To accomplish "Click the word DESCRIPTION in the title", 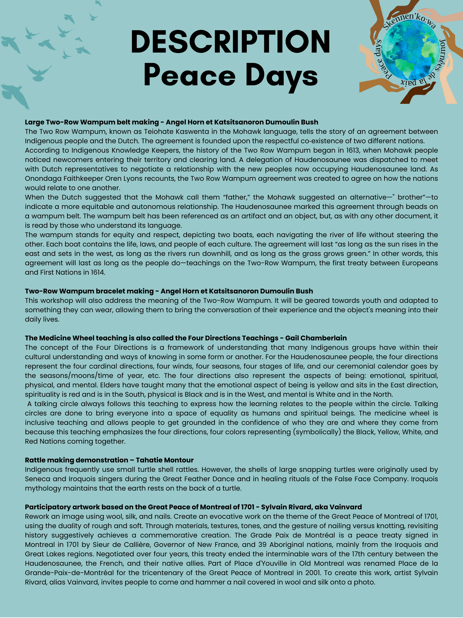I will click(230, 42).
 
